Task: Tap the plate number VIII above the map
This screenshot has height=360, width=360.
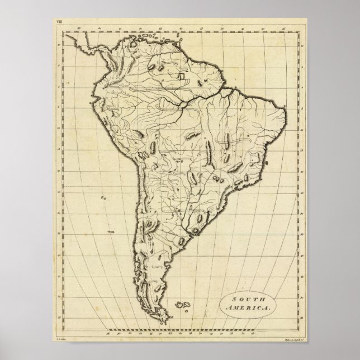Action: click(60, 22)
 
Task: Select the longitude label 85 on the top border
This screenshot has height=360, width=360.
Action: click(79, 27)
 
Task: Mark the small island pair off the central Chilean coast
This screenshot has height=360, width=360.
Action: click(103, 197)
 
